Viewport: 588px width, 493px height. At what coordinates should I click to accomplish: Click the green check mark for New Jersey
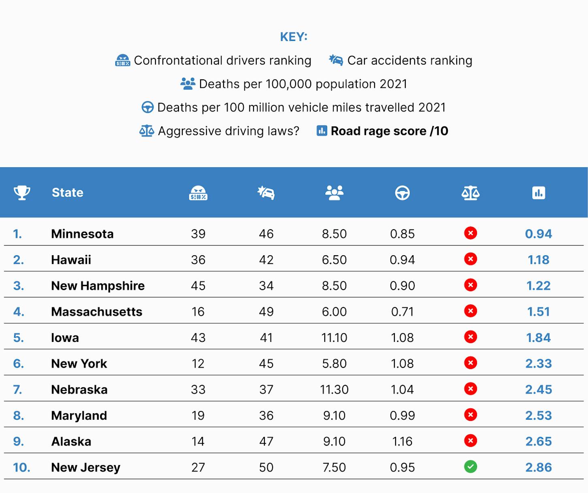[x=470, y=467]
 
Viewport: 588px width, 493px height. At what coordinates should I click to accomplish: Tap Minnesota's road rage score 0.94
[x=539, y=234]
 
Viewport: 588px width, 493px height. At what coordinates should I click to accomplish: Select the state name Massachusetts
[x=97, y=312]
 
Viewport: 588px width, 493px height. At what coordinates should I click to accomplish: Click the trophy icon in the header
[x=22, y=193]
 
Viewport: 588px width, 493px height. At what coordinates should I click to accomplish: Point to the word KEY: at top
[x=294, y=37]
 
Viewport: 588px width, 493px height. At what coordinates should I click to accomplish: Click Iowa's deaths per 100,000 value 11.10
[x=334, y=337]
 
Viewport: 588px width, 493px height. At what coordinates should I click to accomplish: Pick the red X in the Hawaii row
[x=470, y=259]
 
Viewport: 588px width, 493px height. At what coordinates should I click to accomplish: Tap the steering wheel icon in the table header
[x=402, y=193]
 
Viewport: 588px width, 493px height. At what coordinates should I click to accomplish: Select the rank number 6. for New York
[x=19, y=363]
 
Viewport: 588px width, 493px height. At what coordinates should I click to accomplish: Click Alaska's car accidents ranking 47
[x=266, y=441]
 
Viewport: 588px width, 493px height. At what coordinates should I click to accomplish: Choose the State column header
[x=68, y=193]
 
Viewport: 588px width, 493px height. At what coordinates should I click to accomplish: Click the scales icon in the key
[x=147, y=131]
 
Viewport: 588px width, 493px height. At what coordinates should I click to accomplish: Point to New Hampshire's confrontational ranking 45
[x=198, y=286]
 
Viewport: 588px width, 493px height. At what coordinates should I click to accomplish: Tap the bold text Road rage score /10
[x=389, y=131]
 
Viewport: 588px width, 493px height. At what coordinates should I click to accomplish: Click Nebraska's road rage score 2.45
[x=539, y=389]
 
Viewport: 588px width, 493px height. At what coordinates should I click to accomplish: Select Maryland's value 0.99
[x=402, y=415]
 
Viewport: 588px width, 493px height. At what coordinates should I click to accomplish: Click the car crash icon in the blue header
[x=266, y=193]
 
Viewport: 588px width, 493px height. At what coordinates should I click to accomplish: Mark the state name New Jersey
[x=85, y=467]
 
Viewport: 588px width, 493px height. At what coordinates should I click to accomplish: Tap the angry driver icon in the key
[x=122, y=60]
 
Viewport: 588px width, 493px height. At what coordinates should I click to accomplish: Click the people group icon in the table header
[x=334, y=193]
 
